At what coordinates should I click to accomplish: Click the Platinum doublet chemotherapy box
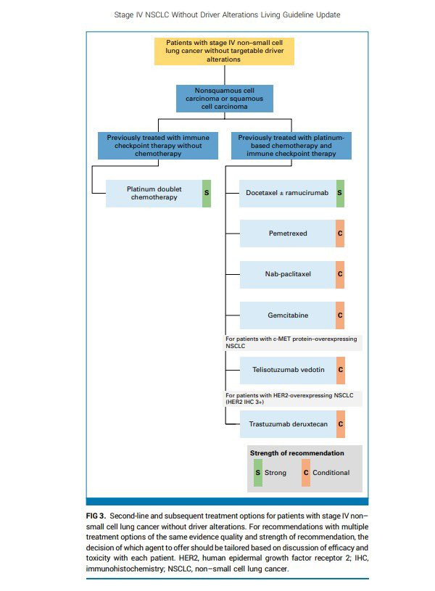[154, 193]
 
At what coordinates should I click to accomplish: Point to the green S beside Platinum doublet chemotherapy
[207, 193]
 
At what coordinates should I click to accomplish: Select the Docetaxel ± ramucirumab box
[288, 194]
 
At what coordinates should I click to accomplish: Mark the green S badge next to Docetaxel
[340, 194]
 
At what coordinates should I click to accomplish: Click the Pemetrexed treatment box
[288, 234]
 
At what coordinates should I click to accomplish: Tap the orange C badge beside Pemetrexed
[340, 234]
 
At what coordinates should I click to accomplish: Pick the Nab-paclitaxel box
[288, 275]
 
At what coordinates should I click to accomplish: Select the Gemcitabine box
[288, 315]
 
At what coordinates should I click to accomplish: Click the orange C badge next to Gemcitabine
[340, 315]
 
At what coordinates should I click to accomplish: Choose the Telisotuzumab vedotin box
[288, 370]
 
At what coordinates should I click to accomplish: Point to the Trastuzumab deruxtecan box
[288, 423]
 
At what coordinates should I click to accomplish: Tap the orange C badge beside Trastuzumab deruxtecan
[340, 423]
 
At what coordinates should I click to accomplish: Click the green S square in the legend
[257, 473]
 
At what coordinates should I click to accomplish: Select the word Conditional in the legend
[331, 473]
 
